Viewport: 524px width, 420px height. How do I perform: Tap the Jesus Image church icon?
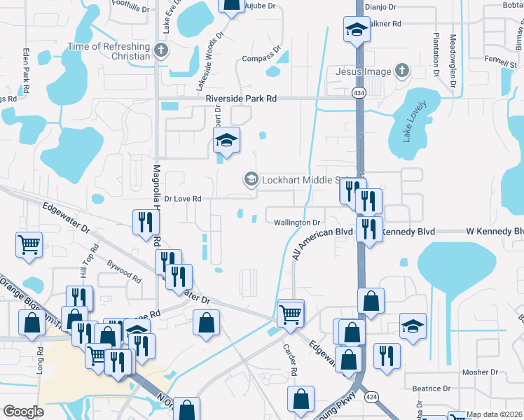coord(401,71)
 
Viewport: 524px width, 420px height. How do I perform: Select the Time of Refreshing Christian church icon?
coord(161,50)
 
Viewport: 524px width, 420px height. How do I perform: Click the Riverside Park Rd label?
coord(241,99)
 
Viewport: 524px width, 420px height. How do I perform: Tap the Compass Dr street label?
coord(261,59)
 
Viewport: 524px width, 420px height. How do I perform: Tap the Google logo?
coord(24,412)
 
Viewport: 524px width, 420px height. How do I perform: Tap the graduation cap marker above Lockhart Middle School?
coord(226,141)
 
